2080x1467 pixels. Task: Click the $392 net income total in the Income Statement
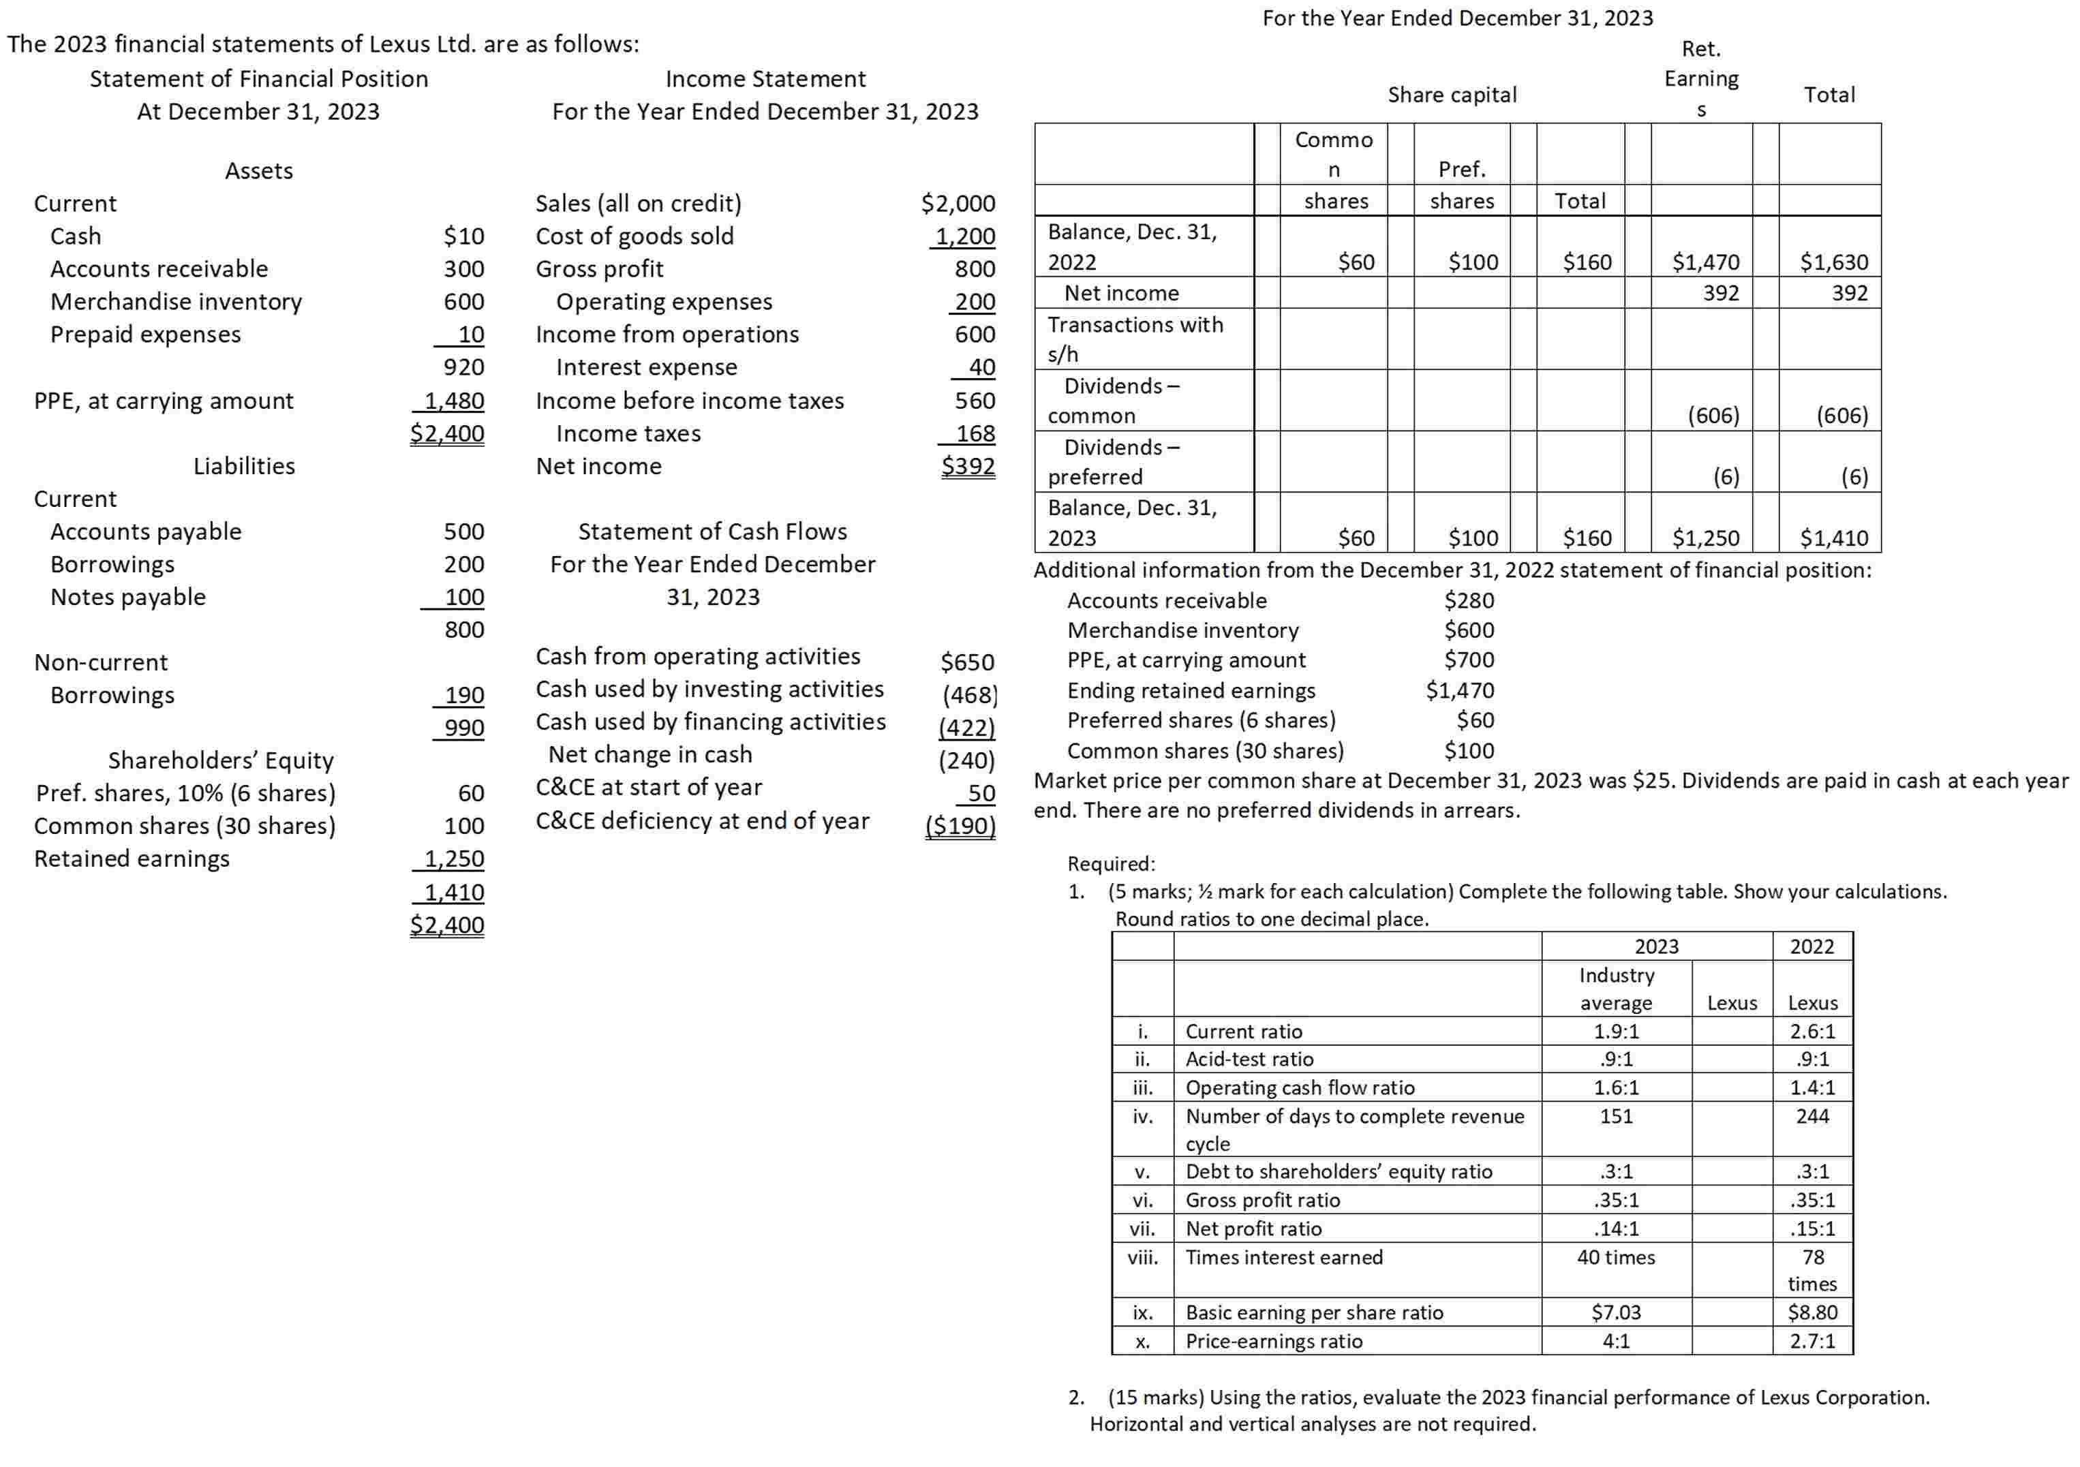pyautogui.click(x=968, y=466)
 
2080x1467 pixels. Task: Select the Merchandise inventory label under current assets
pyautogui.click(x=176, y=302)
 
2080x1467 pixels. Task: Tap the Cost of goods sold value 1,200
pyautogui.click(x=965, y=236)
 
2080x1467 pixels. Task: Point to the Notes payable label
pyautogui.click(x=127, y=597)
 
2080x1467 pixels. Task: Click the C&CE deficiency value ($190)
pyautogui.click(x=960, y=826)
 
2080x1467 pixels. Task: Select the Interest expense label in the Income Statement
pyautogui.click(x=646, y=368)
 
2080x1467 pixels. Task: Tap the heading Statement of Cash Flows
pyautogui.click(x=712, y=531)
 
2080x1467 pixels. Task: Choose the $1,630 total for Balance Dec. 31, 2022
pyautogui.click(x=1833, y=262)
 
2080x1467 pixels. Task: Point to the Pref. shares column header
pyautogui.click(x=1461, y=185)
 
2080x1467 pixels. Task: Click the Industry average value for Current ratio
pyautogui.click(x=1615, y=1032)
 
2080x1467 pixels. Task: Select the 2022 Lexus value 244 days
pyautogui.click(x=1812, y=1117)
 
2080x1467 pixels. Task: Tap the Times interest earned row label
pyautogui.click(x=1284, y=1257)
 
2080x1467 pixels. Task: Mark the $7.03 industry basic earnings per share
pyautogui.click(x=1615, y=1312)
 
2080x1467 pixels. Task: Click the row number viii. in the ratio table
pyautogui.click(x=1142, y=1257)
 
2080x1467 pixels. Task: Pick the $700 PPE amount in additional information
pyautogui.click(x=1469, y=660)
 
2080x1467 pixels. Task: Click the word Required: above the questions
pyautogui.click(x=1111, y=864)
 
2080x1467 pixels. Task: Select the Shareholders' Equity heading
pyautogui.click(x=221, y=760)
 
